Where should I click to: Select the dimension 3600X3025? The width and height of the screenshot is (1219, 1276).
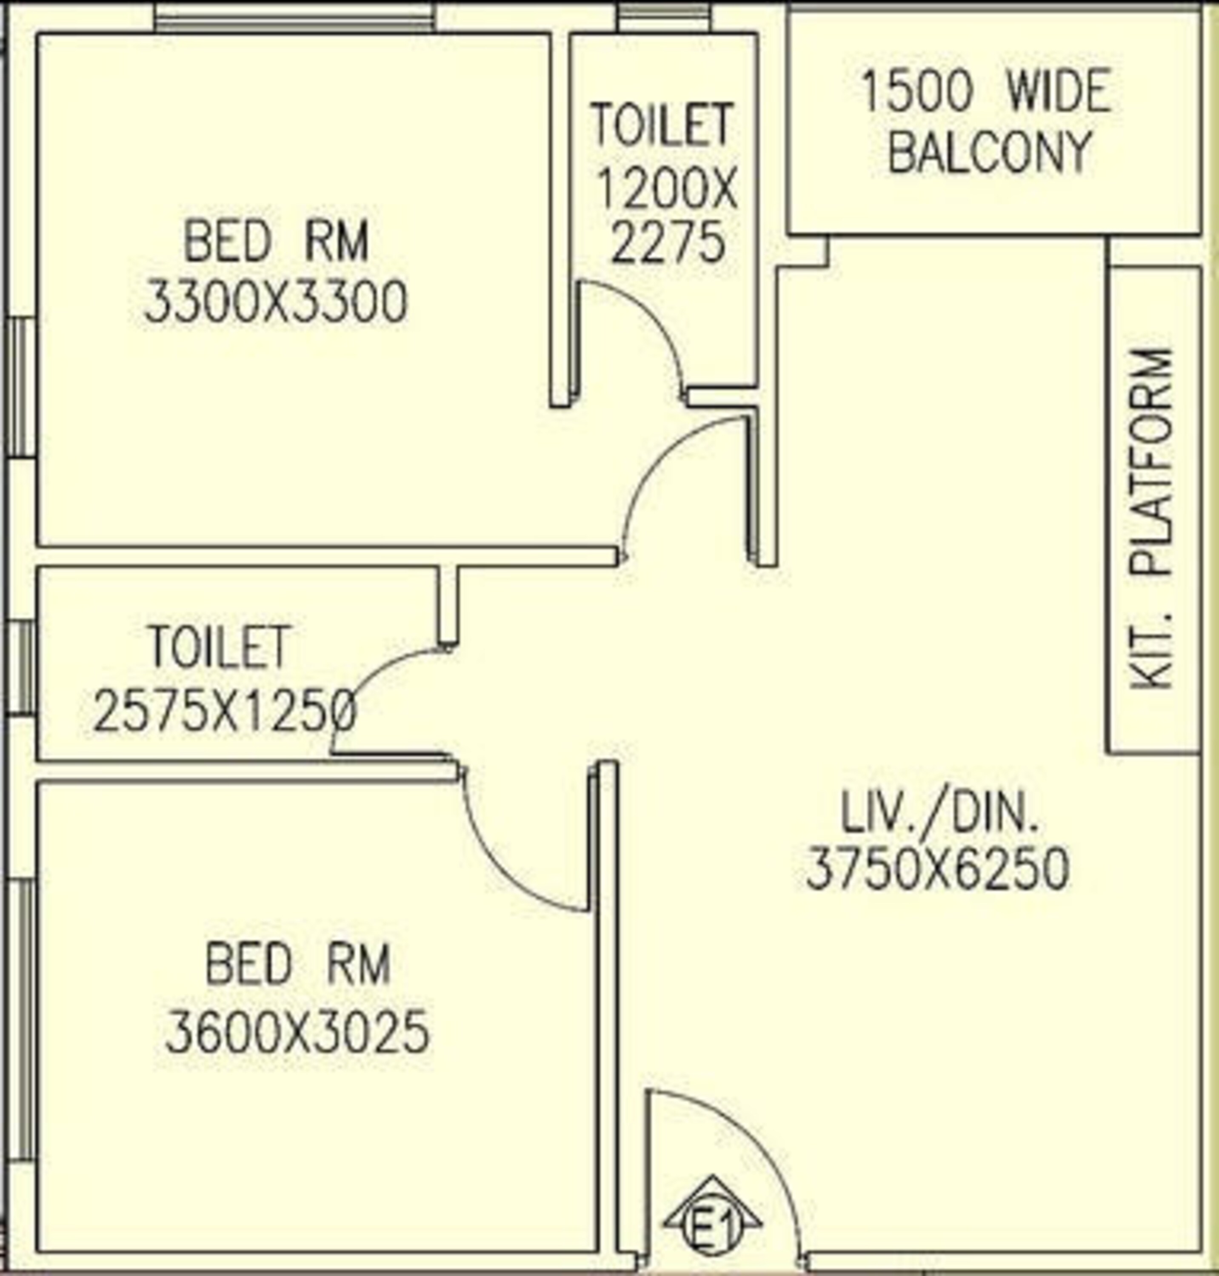297,1031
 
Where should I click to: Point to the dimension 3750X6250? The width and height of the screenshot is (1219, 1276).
937,869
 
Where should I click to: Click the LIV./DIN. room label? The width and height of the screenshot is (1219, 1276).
939,813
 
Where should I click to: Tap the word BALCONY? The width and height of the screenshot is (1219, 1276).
988,153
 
